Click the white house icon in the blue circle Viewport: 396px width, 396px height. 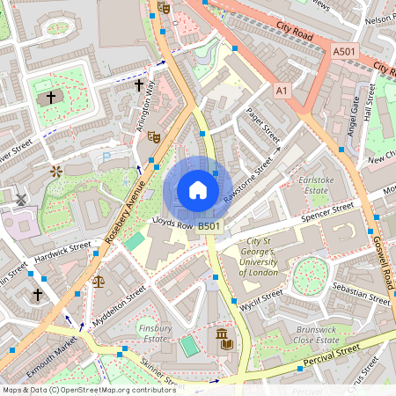coord(197,190)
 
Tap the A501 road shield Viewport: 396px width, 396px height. coord(344,54)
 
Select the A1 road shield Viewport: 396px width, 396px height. coord(282,90)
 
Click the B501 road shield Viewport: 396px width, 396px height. coord(209,227)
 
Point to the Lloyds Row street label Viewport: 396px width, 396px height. coord(172,224)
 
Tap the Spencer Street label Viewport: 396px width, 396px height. coord(326,212)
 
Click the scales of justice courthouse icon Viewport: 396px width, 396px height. coord(98,282)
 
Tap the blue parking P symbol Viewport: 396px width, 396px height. coord(107,156)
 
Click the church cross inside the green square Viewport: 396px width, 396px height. coord(51,98)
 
